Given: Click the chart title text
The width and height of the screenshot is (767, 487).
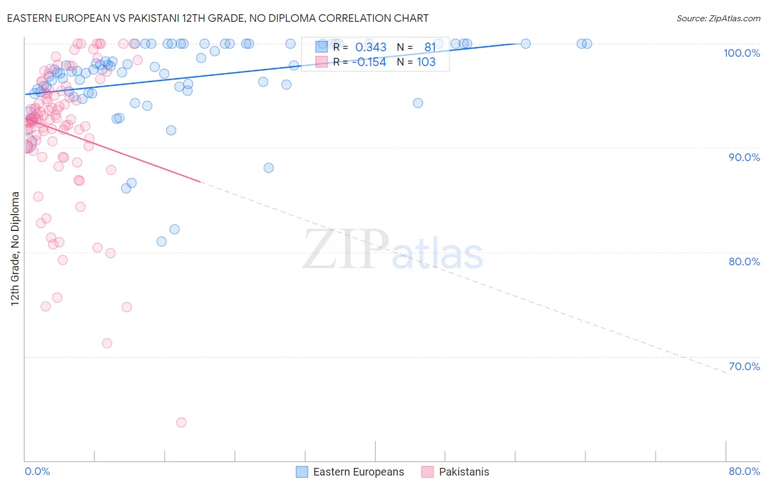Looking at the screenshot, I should pos(218,18).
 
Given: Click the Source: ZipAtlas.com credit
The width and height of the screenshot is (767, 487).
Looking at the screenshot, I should pos(718,18).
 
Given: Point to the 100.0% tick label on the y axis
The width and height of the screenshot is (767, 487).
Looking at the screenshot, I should pos(741,53).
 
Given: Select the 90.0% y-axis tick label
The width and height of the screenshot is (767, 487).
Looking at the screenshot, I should pos(744,157).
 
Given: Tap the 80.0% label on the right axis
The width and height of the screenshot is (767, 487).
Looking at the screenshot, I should pos(744,262).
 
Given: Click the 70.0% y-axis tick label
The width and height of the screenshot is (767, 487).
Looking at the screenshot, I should pos(744,366).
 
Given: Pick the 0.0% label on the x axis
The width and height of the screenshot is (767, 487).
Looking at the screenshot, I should pos(37,471).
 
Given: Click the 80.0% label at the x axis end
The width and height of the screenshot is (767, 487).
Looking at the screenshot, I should pos(744,471).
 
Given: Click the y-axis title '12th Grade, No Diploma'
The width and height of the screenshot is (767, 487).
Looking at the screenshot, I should pos(15,248).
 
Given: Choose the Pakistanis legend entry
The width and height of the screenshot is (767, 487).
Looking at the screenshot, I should pos(464,472).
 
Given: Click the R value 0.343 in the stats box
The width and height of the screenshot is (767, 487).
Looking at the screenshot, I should pos(370,47).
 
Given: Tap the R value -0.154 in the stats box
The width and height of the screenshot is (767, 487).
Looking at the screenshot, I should pos(369,62).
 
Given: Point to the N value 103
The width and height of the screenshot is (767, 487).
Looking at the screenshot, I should pos(426,62).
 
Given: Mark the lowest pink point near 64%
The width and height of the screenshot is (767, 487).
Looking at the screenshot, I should pos(181,422).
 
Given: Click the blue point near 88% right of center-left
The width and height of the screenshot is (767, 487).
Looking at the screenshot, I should pos(268,168).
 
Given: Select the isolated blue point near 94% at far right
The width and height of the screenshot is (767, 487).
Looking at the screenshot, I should pos(418,103).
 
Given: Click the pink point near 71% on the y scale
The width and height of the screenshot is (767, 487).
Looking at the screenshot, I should pos(107,343).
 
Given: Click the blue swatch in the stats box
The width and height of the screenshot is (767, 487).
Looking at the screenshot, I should pos(321,47).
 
